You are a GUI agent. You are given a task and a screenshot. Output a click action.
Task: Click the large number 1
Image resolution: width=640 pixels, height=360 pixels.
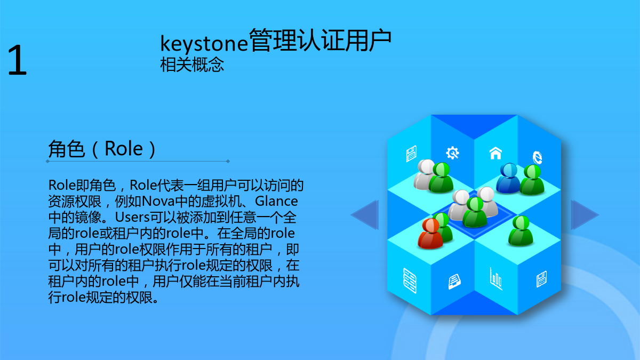pyautogui.click(x=18, y=60)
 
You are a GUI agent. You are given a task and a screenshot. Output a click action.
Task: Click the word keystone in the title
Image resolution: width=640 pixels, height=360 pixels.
pyautogui.click(x=204, y=43)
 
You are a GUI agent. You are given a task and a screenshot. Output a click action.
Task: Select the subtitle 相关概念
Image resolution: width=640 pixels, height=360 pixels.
pyautogui.click(x=192, y=65)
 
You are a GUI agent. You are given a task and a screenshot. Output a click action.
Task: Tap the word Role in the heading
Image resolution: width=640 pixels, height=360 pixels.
pyautogui.click(x=123, y=149)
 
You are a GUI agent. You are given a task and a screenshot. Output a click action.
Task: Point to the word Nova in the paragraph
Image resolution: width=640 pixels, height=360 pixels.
pyautogui.click(x=158, y=201)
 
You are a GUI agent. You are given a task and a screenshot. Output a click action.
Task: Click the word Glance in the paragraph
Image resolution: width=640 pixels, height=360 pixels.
pyautogui.click(x=276, y=201)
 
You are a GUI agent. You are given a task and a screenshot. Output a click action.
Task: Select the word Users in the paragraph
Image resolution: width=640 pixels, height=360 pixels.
pyautogui.click(x=132, y=217)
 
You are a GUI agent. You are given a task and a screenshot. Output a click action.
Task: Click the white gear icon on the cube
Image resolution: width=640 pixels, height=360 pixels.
pyautogui.click(x=453, y=153)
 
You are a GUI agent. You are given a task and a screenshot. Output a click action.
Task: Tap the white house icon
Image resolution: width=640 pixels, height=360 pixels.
pyautogui.click(x=495, y=153)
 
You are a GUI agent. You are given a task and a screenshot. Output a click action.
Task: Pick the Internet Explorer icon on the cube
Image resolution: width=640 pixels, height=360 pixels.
pyautogui.click(x=537, y=157)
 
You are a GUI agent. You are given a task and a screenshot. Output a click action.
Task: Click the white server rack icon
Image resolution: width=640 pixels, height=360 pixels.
pyautogui.click(x=410, y=281)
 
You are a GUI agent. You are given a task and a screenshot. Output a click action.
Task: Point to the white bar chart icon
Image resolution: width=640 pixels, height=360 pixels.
pyautogui.click(x=496, y=279)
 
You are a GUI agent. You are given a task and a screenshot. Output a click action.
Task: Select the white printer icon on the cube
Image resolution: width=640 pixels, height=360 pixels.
pyautogui.click(x=454, y=282)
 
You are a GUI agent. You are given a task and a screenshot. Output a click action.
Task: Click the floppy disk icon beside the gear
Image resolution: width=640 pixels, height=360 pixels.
pyautogui.click(x=411, y=154)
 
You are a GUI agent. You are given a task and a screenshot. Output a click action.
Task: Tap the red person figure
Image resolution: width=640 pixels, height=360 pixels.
pyautogui.click(x=430, y=234)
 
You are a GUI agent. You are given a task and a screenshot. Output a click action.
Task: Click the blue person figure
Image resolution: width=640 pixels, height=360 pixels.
pyautogui.click(x=508, y=178)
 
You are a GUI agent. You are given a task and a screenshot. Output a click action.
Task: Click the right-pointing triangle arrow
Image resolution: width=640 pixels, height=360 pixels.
pyautogui.click(x=585, y=215)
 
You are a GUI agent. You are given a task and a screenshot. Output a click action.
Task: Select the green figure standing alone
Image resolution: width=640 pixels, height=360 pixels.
pyautogui.click(x=521, y=231)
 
